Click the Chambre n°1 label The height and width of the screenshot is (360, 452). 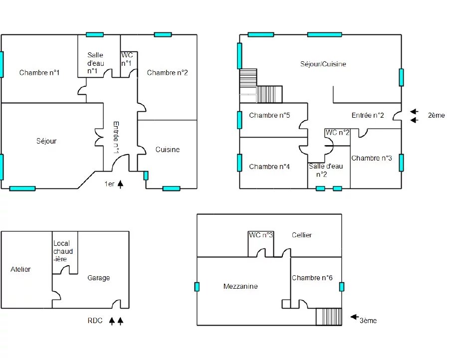click(x=39, y=73)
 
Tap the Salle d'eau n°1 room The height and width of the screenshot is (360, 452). click(x=99, y=56)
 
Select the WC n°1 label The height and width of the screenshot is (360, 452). click(x=127, y=59)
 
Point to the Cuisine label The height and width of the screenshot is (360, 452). click(x=168, y=150)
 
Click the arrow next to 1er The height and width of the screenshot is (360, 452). click(x=121, y=184)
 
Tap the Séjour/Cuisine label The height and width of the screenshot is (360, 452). click(x=323, y=64)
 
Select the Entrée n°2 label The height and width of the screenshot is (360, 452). click(x=368, y=116)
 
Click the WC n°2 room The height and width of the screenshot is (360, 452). click(x=338, y=138)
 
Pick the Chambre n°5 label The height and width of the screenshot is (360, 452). click(x=269, y=116)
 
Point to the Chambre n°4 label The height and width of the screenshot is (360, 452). click(x=269, y=167)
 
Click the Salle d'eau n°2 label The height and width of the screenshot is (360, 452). click(x=326, y=170)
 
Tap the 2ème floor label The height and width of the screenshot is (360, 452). click(x=436, y=116)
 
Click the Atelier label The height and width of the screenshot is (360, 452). click(x=20, y=269)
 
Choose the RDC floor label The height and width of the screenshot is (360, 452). click(x=95, y=321)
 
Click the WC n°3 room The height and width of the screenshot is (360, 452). click(x=261, y=244)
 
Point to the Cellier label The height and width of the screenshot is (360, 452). click(x=302, y=235)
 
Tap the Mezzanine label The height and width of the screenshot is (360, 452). click(x=240, y=286)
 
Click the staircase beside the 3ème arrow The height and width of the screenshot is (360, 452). click(x=329, y=317)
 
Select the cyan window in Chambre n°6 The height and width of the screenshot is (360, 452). click(x=342, y=287)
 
